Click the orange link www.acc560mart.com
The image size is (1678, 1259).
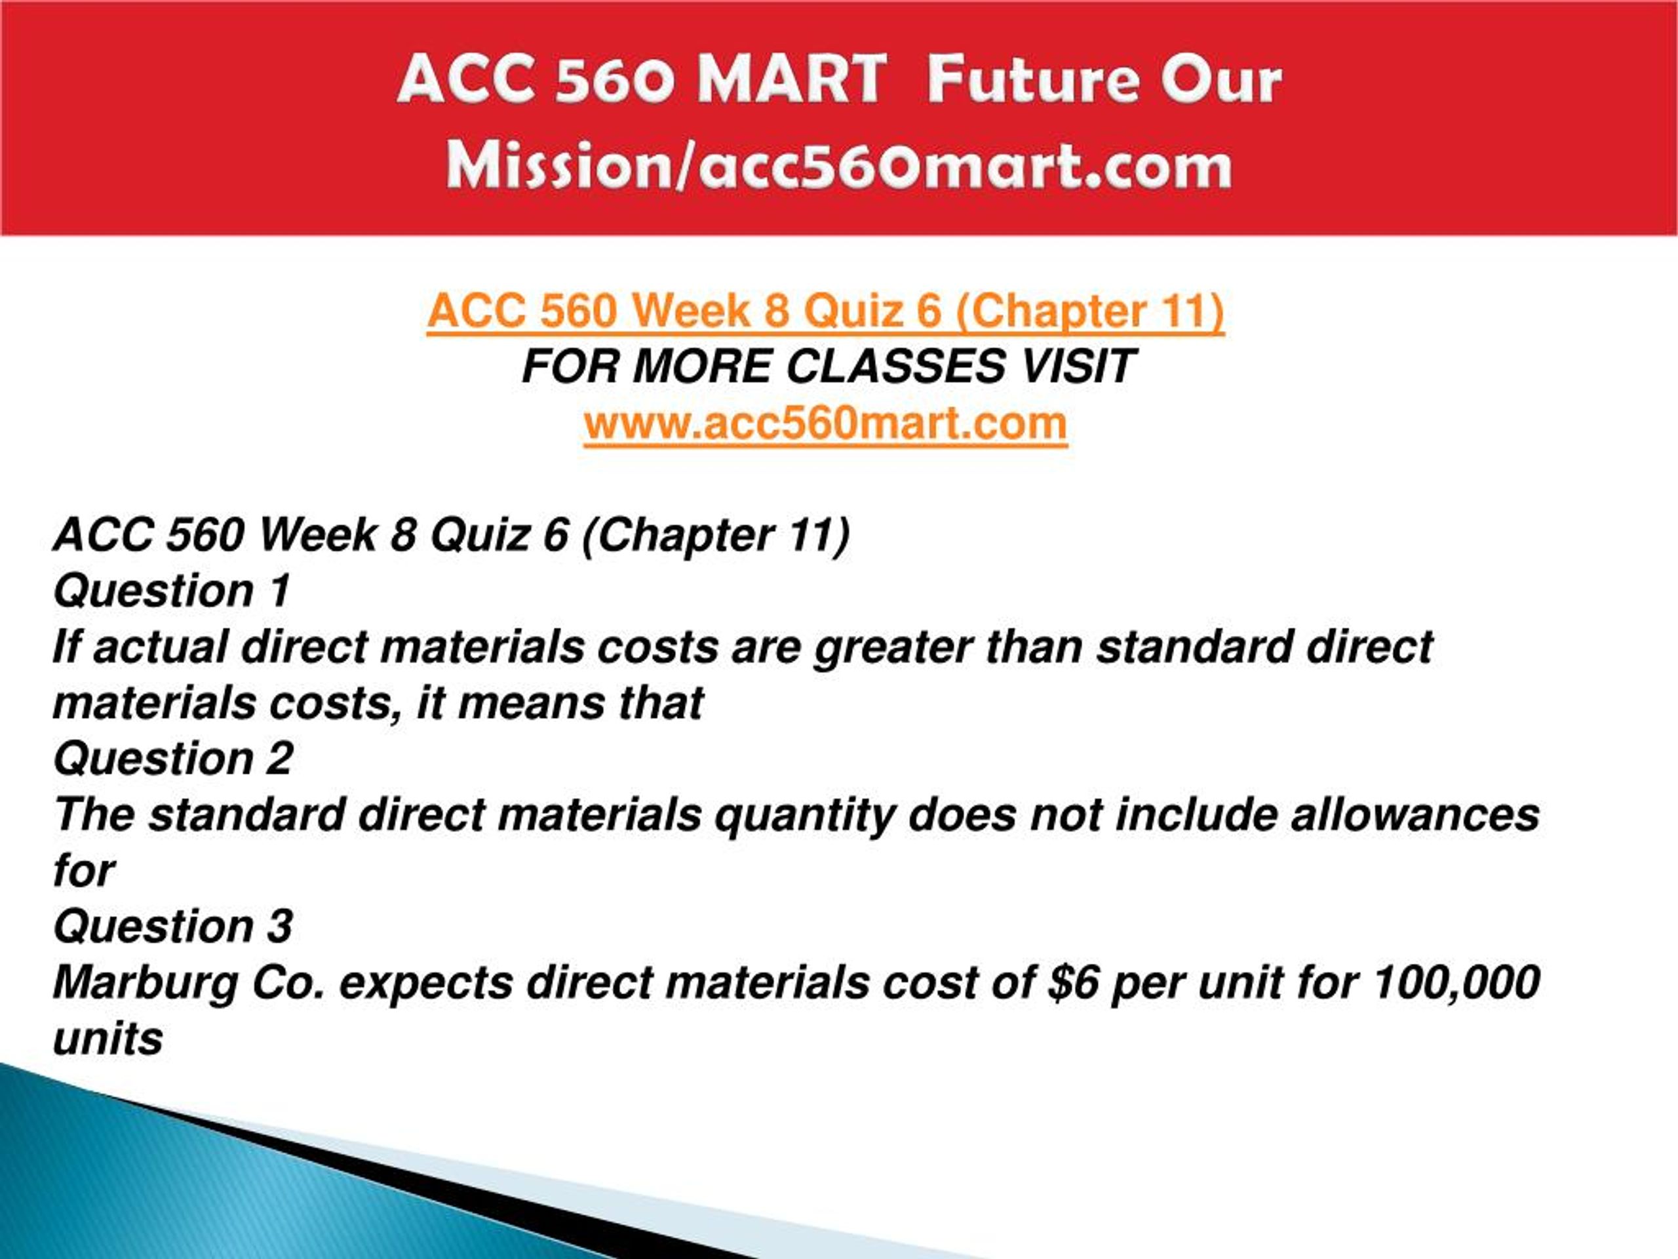(825, 423)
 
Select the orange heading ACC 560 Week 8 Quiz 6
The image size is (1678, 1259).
(825, 311)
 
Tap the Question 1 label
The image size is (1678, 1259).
(172, 591)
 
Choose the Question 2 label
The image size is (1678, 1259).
(173, 759)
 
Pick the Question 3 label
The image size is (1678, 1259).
(173, 927)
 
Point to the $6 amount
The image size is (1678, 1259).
(1072, 983)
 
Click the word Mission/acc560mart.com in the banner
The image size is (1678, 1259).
(839, 166)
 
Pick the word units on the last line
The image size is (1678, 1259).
(107, 1039)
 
